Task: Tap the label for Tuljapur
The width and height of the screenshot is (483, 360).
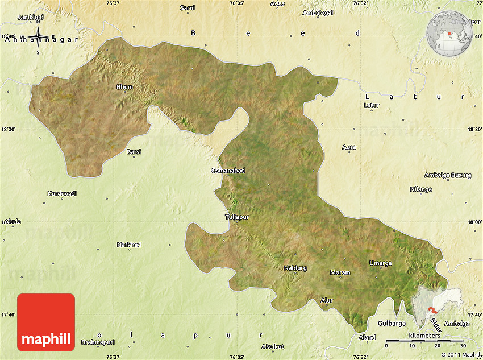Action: pos(237,217)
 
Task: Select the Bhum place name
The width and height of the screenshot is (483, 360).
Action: pos(124,86)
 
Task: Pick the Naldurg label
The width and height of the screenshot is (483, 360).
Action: pos(295,267)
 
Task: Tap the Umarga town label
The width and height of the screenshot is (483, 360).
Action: pos(381,263)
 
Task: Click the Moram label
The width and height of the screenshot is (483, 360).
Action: pos(340,272)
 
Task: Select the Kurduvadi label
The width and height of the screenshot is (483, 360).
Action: pos(61,193)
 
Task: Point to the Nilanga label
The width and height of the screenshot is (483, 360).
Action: pos(421,189)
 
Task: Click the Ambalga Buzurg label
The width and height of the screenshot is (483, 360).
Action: pos(448,175)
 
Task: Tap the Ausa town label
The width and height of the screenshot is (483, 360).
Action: pos(349,147)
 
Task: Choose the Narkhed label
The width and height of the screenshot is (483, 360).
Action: pos(129,245)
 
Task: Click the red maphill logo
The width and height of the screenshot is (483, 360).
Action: pos(46,322)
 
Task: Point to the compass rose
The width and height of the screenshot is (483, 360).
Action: pos(38,39)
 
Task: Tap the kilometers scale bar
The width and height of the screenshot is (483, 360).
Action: pos(424,340)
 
